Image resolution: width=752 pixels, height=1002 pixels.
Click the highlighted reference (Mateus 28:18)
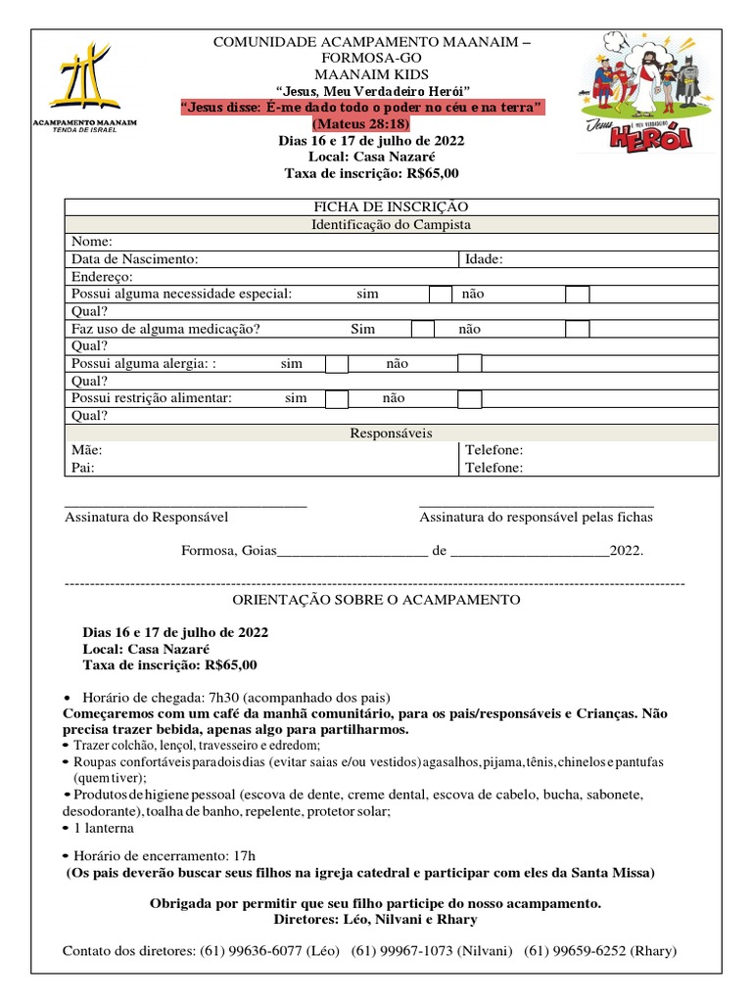359,124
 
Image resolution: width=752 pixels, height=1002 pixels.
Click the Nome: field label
92,242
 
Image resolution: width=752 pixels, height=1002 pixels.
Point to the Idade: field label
484,259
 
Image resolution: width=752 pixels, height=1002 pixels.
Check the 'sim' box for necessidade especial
441,294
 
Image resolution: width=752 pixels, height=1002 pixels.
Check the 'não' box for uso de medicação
578,329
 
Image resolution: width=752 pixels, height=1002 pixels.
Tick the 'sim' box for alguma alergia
337,364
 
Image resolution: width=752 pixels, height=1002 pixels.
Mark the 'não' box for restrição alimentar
470,398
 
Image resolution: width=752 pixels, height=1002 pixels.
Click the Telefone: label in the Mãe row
493,450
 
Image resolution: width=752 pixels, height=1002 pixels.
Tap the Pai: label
84,468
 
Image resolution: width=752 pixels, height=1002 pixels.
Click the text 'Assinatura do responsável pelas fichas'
536,517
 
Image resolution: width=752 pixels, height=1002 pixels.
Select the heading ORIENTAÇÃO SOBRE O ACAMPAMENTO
376,599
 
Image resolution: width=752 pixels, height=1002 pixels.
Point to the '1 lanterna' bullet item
111,827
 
